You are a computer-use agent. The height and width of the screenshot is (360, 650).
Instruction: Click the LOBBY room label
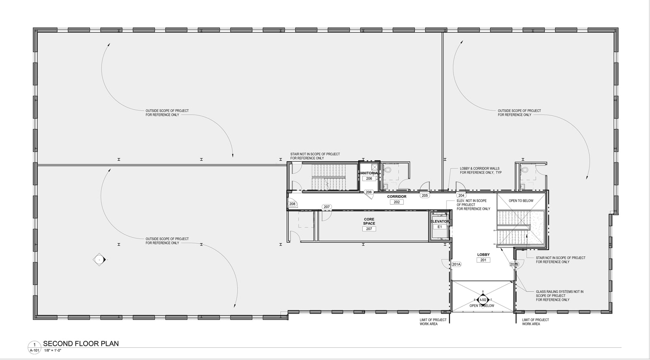pyautogui.click(x=483, y=255)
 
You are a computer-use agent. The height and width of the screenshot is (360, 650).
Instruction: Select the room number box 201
pyautogui.click(x=483, y=260)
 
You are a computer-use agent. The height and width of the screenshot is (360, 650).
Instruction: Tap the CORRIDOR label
pyautogui.click(x=396, y=197)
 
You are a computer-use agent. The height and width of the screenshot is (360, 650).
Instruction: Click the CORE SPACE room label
pyautogui.click(x=369, y=221)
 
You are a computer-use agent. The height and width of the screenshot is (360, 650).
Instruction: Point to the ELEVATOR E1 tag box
pyautogui.click(x=440, y=227)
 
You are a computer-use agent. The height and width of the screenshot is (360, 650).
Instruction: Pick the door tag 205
pyautogui.click(x=425, y=195)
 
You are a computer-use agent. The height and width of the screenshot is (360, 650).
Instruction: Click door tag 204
pyautogui.click(x=461, y=195)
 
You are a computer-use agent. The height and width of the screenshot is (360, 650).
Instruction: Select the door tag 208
pyautogui.click(x=292, y=204)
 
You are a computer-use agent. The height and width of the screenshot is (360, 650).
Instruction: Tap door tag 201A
pyautogui.click(x=456, y=265)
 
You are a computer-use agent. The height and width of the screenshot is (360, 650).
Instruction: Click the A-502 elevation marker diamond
pyautogui.click(x=483, y=300)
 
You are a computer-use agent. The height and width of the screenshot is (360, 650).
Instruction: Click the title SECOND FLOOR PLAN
pyautogui.click(x=81, y=344)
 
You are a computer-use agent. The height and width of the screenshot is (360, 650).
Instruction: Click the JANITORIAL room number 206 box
pyautogui.click(x=369, y=178)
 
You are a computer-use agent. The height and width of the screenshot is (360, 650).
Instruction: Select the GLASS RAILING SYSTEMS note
pyautogui.click(x=559, y=295)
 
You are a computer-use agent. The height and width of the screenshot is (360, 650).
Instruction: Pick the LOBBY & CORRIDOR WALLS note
pyautogui.click(x=480, y=170)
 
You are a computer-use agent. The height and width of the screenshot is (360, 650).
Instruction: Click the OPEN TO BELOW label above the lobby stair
pyautogui.click(x=521, y=201)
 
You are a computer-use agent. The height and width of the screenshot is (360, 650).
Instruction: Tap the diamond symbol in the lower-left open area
pyautogui.click(x=100, y=259)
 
